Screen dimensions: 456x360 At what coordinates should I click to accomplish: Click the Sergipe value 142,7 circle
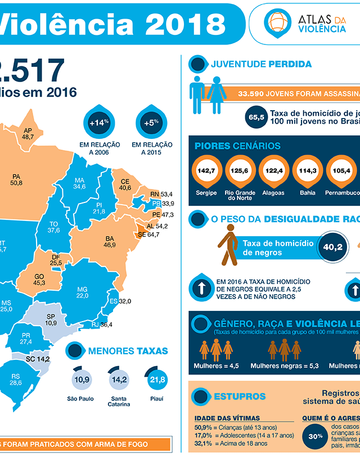pyautogui.click(x=208, y=171)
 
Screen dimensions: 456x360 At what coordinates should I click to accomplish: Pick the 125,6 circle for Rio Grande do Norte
pyautogui.click(x=241, y=171)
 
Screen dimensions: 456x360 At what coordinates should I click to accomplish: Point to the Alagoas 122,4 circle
pyautogui.click(x=273, y=171)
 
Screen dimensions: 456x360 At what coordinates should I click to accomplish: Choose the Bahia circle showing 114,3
pyautogui.click(x=307, y=171)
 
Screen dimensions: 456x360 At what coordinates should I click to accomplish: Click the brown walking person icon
pyautogui.click(x=228, y=246)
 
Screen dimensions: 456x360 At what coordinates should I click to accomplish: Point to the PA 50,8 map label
pyautogui.click(x=16, y=179)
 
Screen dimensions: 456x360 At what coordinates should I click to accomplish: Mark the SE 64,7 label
pyautogui.click(x=148, y=234)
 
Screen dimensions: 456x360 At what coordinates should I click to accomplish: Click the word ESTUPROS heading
pyautogui.click(x=240, y=396)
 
